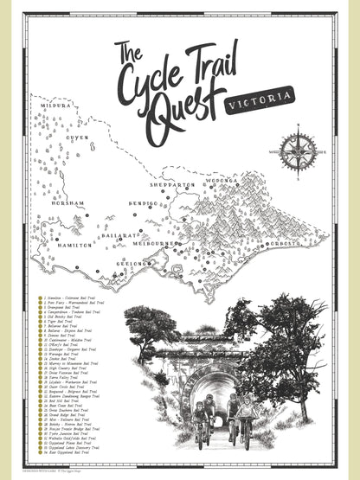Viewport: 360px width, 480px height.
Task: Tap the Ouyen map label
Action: point(78,138)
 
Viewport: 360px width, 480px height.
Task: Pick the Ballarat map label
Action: point(119,234)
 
